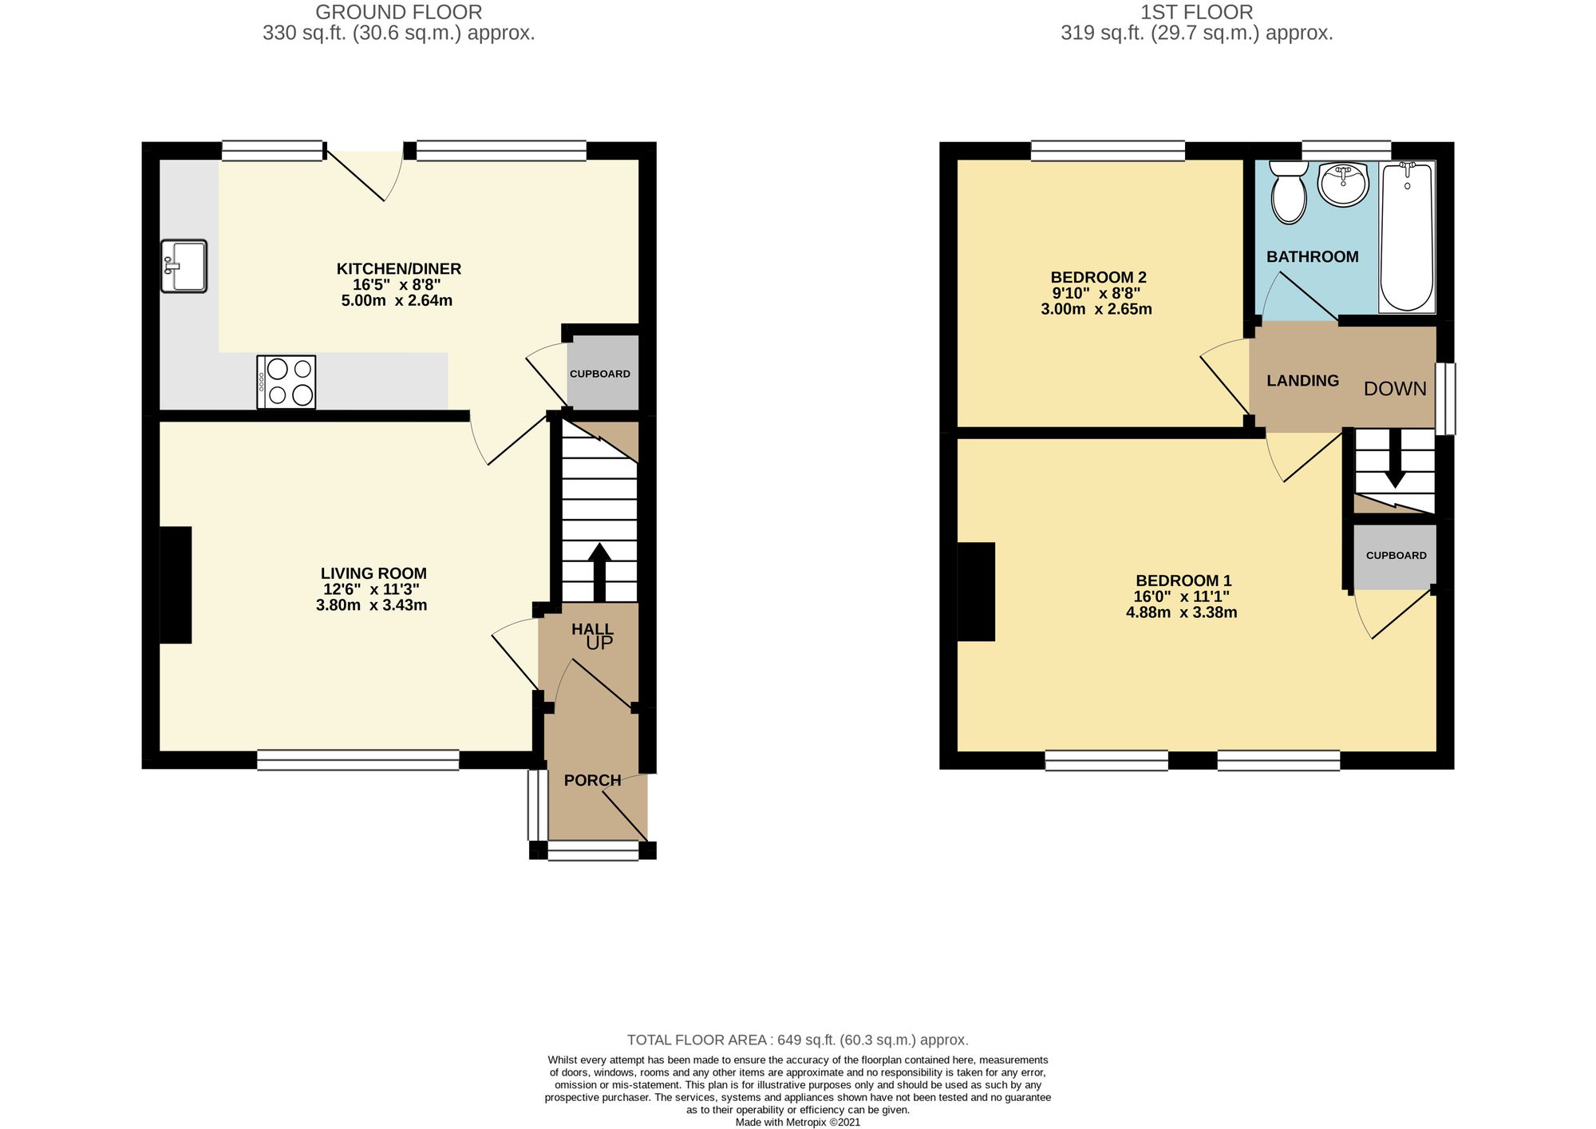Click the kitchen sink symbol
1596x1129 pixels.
pos(184,266)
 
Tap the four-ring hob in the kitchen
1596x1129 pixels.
pos(286,382)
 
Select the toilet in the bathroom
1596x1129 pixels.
pos(1287,192)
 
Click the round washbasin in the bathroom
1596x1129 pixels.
pos(1344,184)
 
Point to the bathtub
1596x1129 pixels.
pos(1407,236)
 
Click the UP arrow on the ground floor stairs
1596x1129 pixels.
pos(599,572)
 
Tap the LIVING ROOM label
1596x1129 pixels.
pos(373,573)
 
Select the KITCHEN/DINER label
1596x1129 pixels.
pos(399,269)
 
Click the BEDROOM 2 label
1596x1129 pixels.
pos(1099,277)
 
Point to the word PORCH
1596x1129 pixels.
pos(592,780)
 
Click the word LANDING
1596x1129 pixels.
pos(1303,381)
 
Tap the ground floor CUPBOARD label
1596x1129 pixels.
pos(600,374)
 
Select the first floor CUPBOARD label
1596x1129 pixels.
pos(1396,556)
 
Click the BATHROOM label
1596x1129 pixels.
pos(1313,256)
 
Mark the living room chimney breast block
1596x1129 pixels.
pos(176,584)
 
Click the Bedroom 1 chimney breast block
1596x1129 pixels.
pos(976,592)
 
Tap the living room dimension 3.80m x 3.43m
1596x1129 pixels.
pos(372,605)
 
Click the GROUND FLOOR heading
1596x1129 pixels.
pos(399,12)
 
